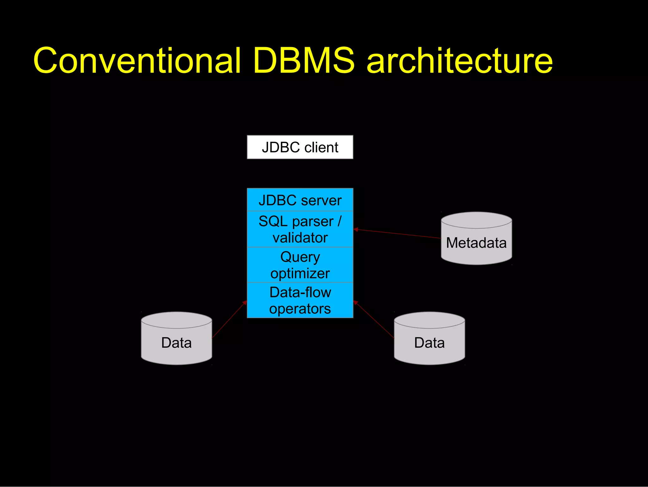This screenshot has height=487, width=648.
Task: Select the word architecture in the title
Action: point(459,61)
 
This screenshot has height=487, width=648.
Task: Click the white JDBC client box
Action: point(300,147)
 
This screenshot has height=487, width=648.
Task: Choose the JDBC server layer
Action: point(300,200)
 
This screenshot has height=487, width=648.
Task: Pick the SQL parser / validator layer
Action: point(300,229)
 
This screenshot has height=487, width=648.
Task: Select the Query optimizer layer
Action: point(300,265)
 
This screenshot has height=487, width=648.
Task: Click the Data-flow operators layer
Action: point(300,300)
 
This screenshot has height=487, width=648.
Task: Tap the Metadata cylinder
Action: point(476,243)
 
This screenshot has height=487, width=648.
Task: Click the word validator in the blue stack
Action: point(300,238)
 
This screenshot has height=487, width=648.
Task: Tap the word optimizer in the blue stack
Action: point(300,273)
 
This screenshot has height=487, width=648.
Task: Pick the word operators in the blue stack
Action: point(300,309)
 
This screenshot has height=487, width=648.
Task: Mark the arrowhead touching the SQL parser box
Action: point(356,229)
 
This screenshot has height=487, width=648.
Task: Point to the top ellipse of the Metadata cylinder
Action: point(476,220)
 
